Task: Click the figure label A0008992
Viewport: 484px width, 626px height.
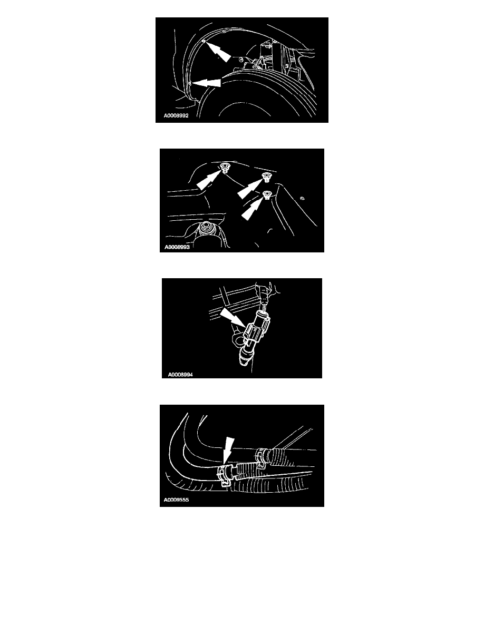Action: pos(176,116)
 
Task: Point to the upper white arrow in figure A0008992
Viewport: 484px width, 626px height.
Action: pos(218,52)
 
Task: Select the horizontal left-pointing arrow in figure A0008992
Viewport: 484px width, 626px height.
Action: pos(207,83)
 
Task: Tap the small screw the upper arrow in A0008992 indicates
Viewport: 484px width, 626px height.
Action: pos(204,41)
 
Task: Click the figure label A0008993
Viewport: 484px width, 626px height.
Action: pos(177,247)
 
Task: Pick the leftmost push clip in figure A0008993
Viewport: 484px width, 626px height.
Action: pos(225,168)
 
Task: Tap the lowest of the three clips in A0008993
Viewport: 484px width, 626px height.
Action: pos(266,195)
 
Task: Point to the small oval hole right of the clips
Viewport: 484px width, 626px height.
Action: pos(302,198)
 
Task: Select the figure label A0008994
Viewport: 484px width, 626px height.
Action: pos(180,375)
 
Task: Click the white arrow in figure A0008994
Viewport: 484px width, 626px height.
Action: pos(233,318)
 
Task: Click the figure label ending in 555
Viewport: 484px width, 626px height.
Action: pos(176,500)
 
